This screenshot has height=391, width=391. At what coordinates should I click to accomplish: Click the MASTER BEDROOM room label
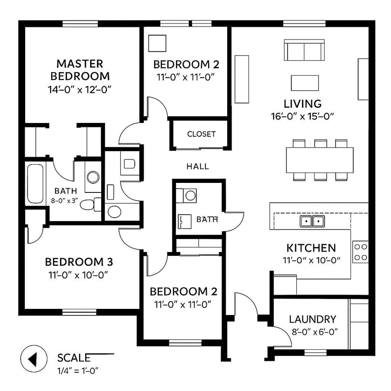pos(80,70)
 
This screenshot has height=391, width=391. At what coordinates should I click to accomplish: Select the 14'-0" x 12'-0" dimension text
pos(80,90)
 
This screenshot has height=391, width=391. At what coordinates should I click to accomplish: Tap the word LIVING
pos(302,104)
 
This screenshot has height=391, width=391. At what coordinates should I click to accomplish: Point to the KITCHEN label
pos(311,248)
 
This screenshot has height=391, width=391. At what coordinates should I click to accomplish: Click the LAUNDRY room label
pos(312,319)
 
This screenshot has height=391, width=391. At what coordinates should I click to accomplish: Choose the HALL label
pos(197,166)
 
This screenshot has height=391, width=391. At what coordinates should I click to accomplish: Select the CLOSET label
pos(201,134)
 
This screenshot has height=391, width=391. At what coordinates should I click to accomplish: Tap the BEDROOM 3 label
pos(79,262)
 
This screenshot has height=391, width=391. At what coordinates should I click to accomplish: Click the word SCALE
pos(74,358)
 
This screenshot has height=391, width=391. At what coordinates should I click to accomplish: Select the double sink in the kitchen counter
pos(312,222)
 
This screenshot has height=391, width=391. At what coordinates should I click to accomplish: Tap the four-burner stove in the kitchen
pos(361,252)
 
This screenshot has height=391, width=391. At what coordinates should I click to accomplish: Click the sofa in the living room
pos(304,50)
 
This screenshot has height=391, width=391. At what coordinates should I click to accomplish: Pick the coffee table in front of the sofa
pos(305,83)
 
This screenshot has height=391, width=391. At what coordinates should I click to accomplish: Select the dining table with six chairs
pos(319,159)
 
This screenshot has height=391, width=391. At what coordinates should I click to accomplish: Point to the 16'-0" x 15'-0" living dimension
pos(303,116)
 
